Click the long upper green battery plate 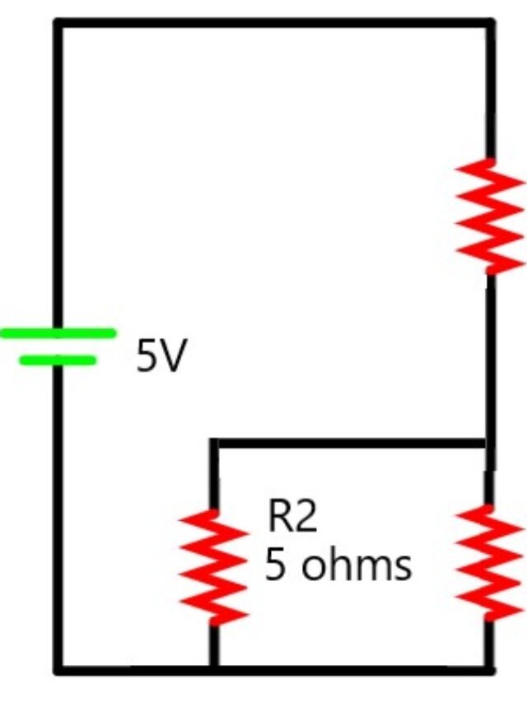point(58,333)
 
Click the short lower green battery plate point(58,360)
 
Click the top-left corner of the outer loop point(58,23)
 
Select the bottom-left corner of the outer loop point(58,670)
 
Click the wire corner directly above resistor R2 point(214,444)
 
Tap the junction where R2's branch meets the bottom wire point(214,670)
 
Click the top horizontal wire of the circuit point(272,23)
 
